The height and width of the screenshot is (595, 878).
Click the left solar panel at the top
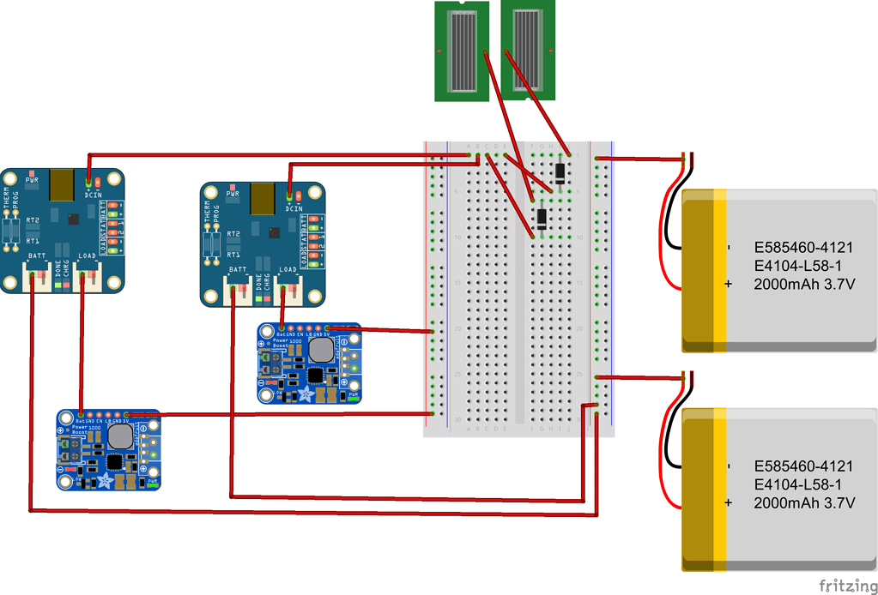pyautogui.click(x=464, y=51)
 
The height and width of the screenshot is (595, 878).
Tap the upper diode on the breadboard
pyautogui.click(x=560, y=173)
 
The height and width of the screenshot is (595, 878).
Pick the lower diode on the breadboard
pyautogui.click(x=542, y=218)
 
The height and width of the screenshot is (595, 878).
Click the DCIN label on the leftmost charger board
pyautogui.click(x=94, y=195)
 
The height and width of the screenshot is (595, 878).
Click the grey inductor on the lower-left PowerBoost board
pyautogui.click(x=121, y=436)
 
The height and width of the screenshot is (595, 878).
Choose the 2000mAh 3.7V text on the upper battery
pyautogui.click(x=803, y=284)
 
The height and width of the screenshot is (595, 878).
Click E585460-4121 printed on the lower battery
pyautogui.click(x=803, y=466)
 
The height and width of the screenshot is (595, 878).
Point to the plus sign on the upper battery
pyautogui.click(x=729, y=284)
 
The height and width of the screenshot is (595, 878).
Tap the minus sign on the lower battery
pyautogui.click(x=729, y=466)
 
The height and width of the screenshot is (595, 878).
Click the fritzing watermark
pyautogui.click(x=846, y=586)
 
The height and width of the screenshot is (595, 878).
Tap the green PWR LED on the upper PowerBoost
pyautogui.click(x=353, y=397)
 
